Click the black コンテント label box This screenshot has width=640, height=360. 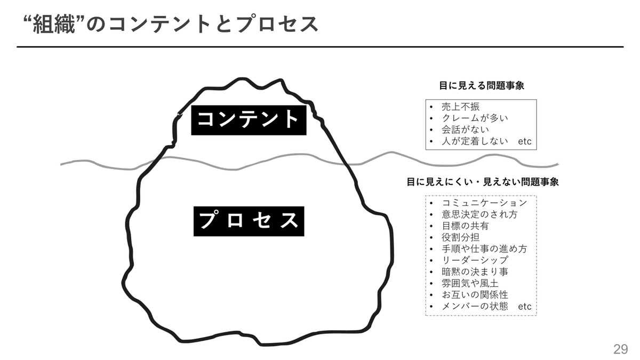point(249,119)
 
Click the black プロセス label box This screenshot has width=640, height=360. point(249,221)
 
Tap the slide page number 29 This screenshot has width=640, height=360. point(620,349)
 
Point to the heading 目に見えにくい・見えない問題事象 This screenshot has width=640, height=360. point(482,182)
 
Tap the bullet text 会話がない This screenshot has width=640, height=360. point(465,130)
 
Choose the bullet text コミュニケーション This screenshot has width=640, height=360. point(484,203)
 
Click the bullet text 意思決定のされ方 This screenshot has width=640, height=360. point(479,214)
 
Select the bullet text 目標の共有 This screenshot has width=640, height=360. point(465,226)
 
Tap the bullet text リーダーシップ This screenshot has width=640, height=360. point(475,260)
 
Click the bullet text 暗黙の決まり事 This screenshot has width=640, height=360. point(475,272)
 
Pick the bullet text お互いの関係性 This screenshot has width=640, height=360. point(475,295)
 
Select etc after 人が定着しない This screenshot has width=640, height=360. point(525,142)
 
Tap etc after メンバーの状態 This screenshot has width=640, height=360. point(525,307)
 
